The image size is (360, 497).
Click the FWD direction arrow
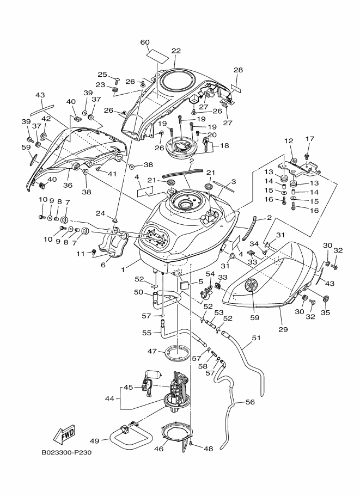(65, 434)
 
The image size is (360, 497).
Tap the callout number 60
(145, 42)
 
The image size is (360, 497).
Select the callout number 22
(176, 51)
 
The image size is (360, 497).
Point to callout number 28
(238, 70)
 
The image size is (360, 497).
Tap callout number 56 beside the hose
(250, 402)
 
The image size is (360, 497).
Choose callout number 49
(94, 441)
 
